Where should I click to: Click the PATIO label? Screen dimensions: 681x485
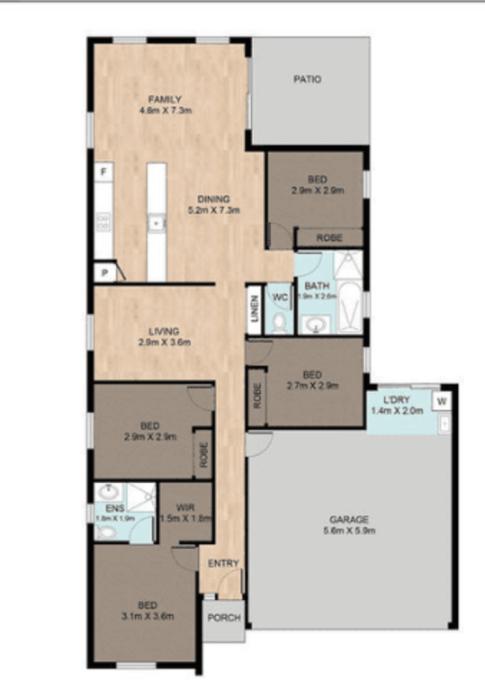[307, 79]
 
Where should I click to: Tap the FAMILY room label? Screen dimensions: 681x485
[165, 99]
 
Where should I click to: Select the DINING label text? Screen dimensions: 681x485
[213, 199]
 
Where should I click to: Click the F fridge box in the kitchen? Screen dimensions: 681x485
[104, 172]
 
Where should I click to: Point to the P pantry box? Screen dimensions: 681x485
[104, 273]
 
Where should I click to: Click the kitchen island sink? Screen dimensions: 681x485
[156, 223]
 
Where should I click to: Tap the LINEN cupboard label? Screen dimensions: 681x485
[254, 310]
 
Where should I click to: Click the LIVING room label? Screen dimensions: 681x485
[164, 331]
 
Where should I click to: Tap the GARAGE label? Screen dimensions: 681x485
[349, 519]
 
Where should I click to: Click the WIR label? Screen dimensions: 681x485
[186, 507]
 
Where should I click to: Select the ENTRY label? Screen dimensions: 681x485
[223, 564]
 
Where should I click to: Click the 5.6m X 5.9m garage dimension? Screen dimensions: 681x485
[349, 530]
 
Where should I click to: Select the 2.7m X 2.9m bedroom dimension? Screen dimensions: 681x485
[312, 386]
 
